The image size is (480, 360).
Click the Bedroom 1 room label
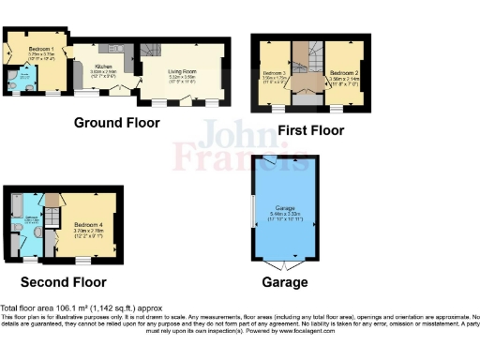pyautogui.click(x=40, y=47)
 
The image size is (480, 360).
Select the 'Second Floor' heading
pyautogui.click(x=65, y=281)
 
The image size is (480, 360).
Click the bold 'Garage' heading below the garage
pyautogui.click(x=288, y=280)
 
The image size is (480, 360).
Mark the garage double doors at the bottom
pyautogui.click(x=287, y=258)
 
